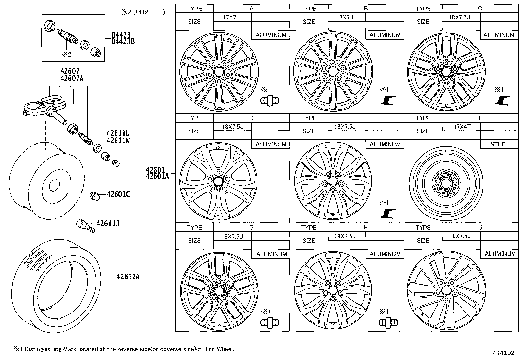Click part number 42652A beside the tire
[128, 277]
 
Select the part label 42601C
[118, 194]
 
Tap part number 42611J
[108, 224]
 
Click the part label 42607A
[72, 79]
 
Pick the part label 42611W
[118, 141]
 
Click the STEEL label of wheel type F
[499, 144]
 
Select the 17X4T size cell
[461, 126]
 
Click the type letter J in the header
[480, 227]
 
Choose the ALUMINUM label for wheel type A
[271, 35]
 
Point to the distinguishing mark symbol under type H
[388, 323]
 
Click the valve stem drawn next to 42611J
[85, 225]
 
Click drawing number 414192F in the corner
[505, 353]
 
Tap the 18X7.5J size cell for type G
[232, 236]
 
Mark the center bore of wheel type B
[333, 71]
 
